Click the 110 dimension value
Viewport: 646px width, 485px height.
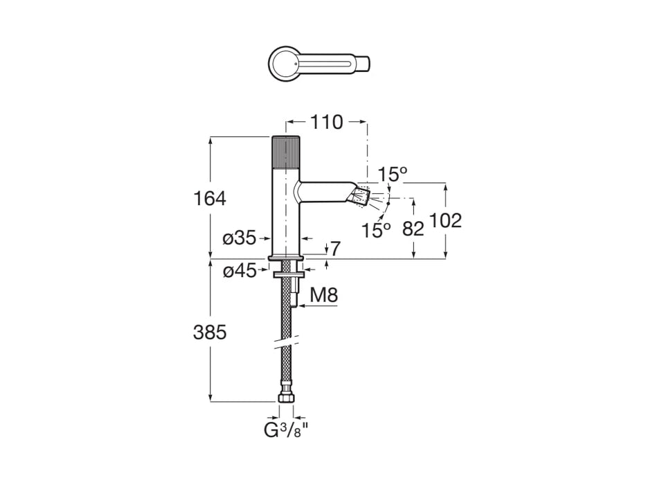click(327, 123)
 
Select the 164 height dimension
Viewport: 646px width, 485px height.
click(210, 199)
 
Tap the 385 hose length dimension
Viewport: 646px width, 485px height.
click(210, 333)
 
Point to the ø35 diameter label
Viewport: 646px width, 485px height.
click(239, 238)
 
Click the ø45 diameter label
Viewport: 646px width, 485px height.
click(239, 271)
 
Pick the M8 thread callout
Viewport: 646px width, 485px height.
click(323, 295)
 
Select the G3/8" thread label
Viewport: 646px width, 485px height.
click(285, 431)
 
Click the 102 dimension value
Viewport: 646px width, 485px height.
click(445, 221)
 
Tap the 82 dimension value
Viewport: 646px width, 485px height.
click(413, 229)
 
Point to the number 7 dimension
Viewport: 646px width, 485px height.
click(335, 247)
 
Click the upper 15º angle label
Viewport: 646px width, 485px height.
click(392, 175)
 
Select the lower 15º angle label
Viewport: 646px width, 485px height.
click(376, 230)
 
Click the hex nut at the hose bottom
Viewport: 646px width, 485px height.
click(285, 398)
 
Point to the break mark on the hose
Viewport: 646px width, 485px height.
click(286, 342)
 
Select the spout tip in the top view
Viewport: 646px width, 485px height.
click(364, 64)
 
